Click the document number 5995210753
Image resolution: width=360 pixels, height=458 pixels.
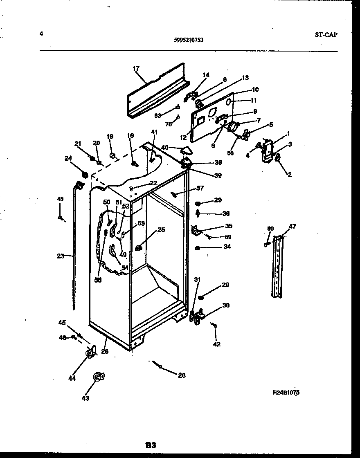coord(189,40)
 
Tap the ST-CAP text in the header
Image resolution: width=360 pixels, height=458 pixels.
coord(326,35)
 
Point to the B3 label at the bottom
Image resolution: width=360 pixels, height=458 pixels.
coord(151,445)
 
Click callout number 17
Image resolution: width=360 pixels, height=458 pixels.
coord(136,69)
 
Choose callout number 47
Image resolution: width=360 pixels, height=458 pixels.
coord(292,227)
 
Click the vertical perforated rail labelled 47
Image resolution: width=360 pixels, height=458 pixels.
coord(278,266)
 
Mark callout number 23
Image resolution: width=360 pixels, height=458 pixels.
coord(61,256)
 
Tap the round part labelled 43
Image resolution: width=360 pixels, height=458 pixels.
coord(98,377)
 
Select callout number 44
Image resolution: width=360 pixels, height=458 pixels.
coord(72,378)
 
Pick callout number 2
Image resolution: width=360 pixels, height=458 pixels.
coord(289,175)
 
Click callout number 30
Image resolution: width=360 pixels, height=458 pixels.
coord(226,305)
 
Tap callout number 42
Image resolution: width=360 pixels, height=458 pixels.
coord(217,344)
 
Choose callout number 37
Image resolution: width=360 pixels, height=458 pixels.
coord(199,188)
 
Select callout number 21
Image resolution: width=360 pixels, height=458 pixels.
coord(78,143)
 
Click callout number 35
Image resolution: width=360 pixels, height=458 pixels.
coord(228,226)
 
